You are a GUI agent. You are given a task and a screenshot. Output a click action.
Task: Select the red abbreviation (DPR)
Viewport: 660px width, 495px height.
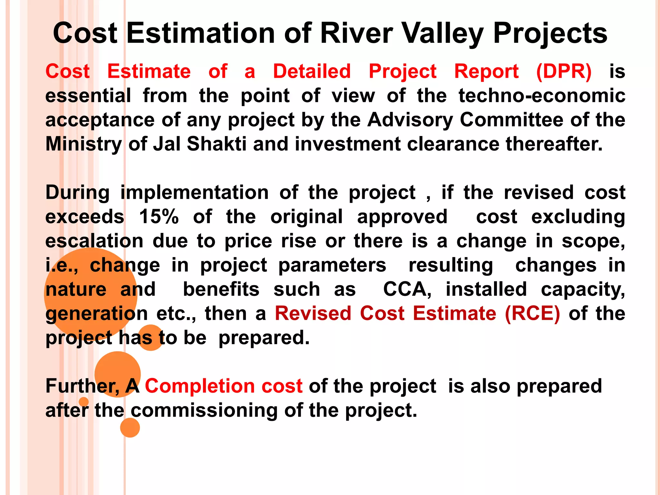tap(564, 71)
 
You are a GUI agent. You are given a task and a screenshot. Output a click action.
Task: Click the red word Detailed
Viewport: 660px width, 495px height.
tap(312, 71)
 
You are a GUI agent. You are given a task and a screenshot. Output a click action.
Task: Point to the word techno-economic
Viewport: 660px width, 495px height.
tap(542, 96)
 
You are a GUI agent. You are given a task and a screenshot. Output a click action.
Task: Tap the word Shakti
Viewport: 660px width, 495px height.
tap(217, 144)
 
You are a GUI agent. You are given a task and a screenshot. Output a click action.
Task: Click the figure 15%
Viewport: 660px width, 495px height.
tap(159, 217)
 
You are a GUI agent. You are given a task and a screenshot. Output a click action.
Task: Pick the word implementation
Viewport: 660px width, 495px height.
tap(194, 193)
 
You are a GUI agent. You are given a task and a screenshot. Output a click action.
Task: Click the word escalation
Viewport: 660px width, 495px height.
tap(94, 241)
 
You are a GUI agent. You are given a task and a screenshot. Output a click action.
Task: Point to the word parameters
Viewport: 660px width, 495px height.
tap(332, 265)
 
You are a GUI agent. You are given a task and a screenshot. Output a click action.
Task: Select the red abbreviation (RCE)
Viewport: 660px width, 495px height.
tap(532, 314)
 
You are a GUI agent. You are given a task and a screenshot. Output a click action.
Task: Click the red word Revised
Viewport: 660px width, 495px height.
tap(313, 314)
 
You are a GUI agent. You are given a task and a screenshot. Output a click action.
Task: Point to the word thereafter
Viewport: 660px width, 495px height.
tap(554, 144)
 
